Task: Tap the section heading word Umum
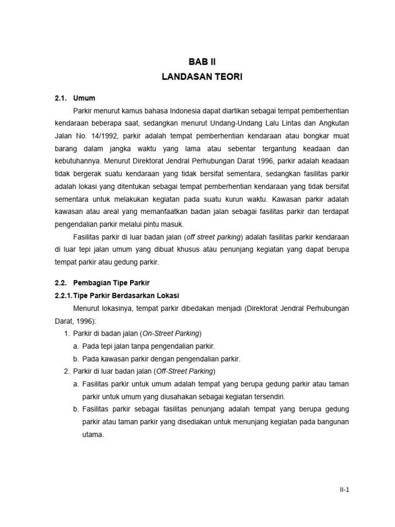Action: [84, 98]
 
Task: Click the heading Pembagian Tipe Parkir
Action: [111, 283]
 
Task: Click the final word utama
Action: [93, 434]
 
